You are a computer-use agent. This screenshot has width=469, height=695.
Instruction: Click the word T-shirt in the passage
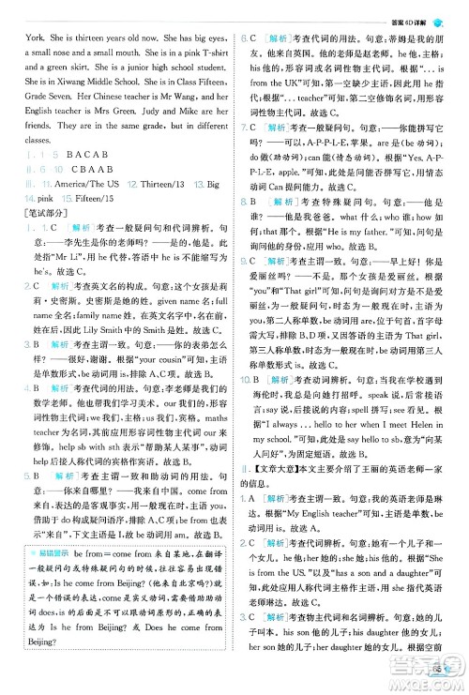click(210, 71)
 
